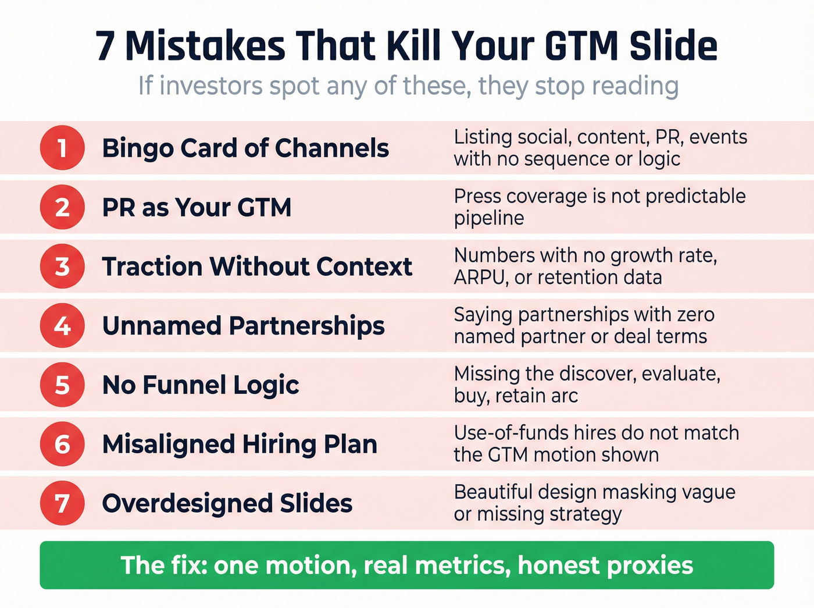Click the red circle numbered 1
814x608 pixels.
coord(62,148)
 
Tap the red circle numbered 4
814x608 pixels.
coord(62,326)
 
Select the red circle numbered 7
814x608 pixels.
coord(62,503)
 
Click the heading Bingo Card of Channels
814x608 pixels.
coord(245,148)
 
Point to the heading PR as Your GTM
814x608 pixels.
coord(197,208)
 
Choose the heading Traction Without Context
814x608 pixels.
coord(257,266)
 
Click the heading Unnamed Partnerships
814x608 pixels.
coord(243,326)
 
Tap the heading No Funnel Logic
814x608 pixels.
coord(201,385)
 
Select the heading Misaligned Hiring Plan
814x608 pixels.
coord(240,445)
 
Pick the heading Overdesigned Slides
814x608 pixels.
coord(227,504)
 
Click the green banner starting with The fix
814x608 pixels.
coord(407,565)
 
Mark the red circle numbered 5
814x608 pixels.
coord(62,385)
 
